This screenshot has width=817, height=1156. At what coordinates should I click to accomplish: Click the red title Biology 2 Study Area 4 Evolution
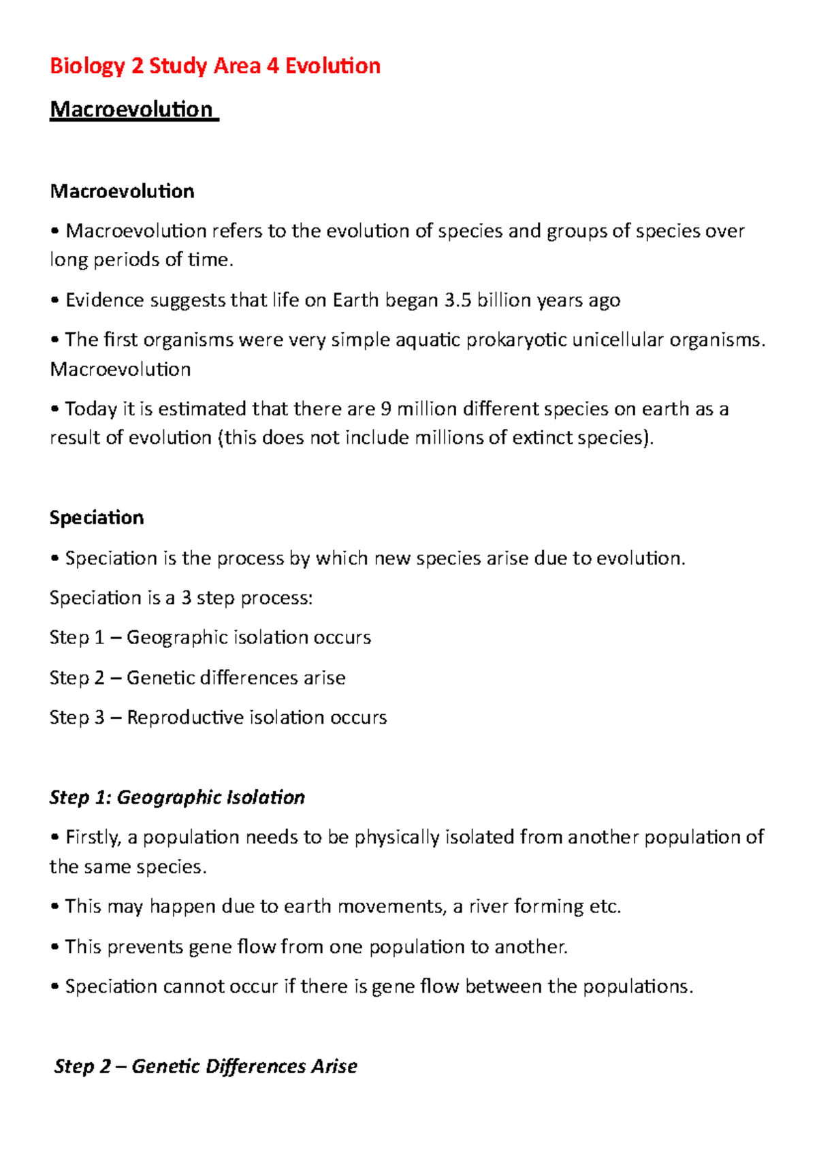tap(215, 66)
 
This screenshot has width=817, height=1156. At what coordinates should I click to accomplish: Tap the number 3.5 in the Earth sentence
tap(458, 300)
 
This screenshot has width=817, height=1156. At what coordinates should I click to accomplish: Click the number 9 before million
tap(386, 409)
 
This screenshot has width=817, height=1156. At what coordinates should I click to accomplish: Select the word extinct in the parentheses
tap(543, 438)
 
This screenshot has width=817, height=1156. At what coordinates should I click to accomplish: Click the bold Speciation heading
tap(97, 517)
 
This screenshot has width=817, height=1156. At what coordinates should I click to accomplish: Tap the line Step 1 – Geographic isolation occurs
tap(210, 638)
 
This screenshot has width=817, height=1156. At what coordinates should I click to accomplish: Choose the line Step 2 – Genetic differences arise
tap(197, 678)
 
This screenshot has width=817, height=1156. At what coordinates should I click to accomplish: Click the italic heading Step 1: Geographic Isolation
tap(177, 797)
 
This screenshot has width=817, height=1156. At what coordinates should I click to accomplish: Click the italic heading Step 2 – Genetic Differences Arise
tap(206, 1066)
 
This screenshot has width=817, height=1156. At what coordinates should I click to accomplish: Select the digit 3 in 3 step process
tap(186, 598)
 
